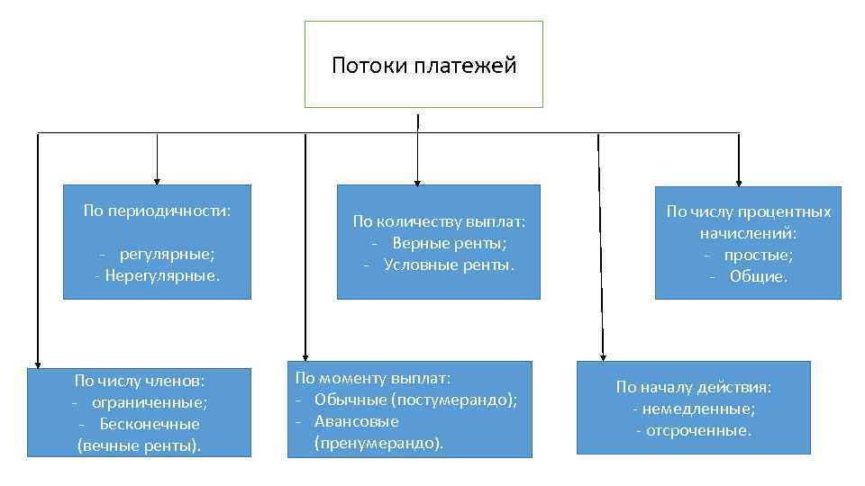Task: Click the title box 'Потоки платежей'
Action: click(423, 65)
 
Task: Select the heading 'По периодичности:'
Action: click(157, 211)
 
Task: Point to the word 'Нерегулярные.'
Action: click(162, 275)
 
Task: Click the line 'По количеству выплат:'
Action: click(439, 221)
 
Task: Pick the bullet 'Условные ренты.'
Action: click(449, 265)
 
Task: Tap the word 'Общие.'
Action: click(760, 276)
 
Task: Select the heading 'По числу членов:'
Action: click(140, 380)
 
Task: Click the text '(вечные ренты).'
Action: click(140, 445)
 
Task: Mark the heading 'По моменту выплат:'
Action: click(373, 378)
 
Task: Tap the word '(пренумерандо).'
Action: click(378, 443)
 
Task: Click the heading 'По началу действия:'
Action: click(694, 387)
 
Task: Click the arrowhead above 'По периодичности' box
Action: click(158, 179)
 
